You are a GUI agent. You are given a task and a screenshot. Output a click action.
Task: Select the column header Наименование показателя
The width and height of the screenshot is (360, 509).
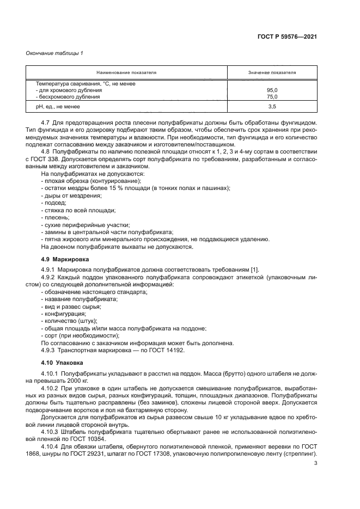pyautogui.click(x=126, y=72)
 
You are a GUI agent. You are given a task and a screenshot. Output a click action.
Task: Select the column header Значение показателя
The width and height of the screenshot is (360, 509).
pyautogui.click(x=272, y=72)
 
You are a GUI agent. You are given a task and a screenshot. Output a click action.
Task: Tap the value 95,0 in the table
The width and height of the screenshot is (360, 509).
pyautogui.click(x=272, y=90)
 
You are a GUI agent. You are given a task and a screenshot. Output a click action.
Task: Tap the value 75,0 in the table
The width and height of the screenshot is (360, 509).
pyautogui.click(x=272, y=97)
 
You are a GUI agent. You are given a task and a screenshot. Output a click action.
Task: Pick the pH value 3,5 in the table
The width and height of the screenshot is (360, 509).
pyautogui.click(x=272, y=107)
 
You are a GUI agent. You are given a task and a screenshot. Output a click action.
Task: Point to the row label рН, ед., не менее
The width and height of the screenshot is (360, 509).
pyautogui.click(x=58, y=107)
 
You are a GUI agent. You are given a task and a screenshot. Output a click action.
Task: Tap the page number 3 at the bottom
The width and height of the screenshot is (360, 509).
pyautogui.click(x=316, y=463)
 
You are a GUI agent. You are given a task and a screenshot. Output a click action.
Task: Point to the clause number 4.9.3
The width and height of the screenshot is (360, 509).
pyautogui.click(x=50, y=350)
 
